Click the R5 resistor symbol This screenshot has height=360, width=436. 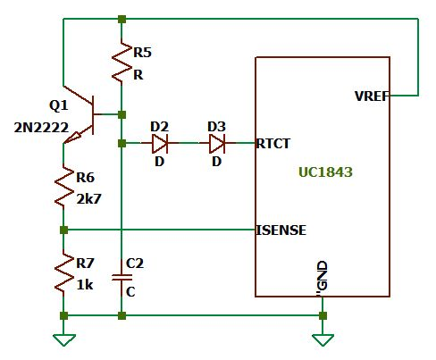click(x=122, y=62)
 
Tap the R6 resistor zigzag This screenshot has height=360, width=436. click(x=63, y=187)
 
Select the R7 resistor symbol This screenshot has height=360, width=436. click(x=63, y=272)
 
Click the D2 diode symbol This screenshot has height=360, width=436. click(x=160, y=143)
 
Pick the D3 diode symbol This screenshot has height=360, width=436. click(x=217, y=143)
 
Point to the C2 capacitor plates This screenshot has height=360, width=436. click(x=122, y=278)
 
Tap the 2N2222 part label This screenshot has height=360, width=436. click(x=41, y=128)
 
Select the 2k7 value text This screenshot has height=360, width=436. click(x=88, y=199)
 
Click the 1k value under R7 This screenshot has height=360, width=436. click(x=85, y=285)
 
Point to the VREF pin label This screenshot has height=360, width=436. click(x=373, y=96)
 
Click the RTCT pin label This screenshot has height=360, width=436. click(x=272, y=144)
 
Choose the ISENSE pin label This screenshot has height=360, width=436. click(x=281, y=230)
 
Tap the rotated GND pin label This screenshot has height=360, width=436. click(x=323, y=276)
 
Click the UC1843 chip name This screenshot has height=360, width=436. click(x=325, y=172)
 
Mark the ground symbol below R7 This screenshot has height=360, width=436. click(x=63, y=340)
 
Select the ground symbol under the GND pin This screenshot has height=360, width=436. click(x=323, y=340)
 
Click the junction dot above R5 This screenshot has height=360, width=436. click(x=122, y=20)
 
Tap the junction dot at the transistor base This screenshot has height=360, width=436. click(x=122, y=114)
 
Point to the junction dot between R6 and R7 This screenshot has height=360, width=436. click(x=63, y=230)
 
